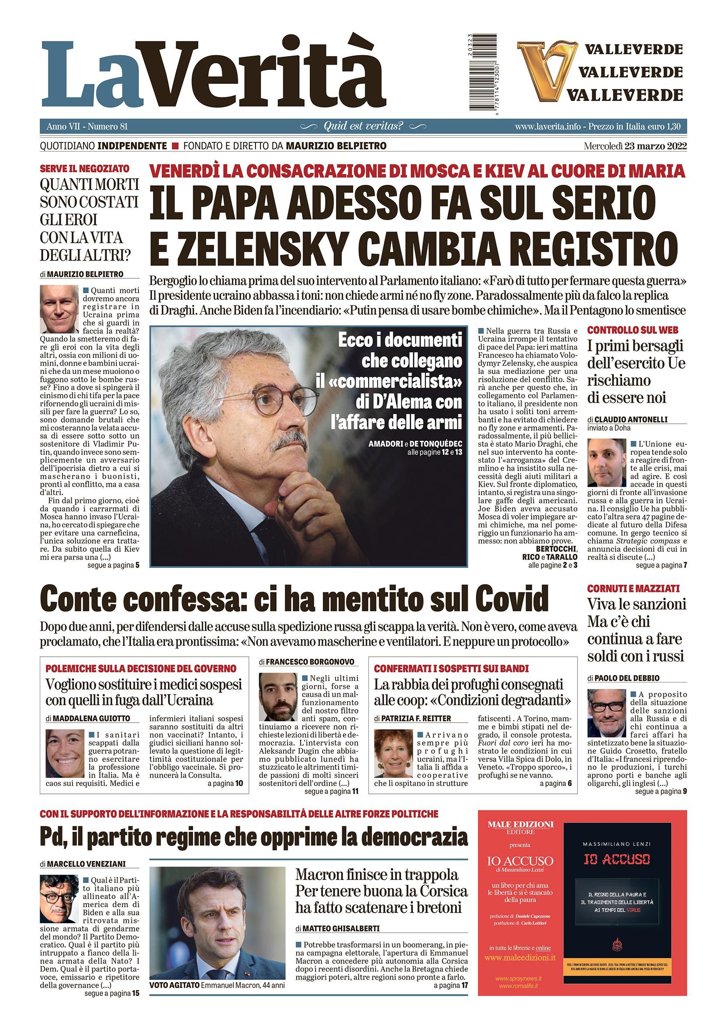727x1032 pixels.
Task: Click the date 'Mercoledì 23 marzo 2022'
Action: [x=635, y=146]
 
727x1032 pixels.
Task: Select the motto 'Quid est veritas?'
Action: [x=363, y=126]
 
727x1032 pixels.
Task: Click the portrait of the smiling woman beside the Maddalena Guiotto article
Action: [x=65, y=751]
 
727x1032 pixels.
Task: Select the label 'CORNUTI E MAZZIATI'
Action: [x=633, y=589]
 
